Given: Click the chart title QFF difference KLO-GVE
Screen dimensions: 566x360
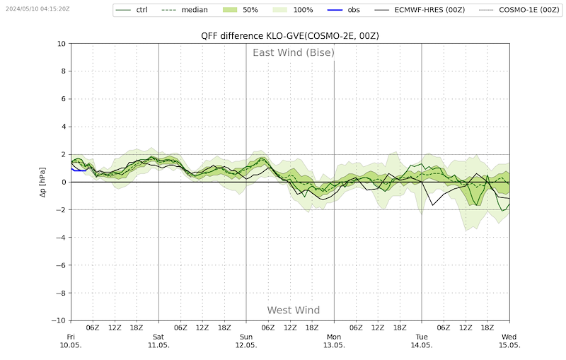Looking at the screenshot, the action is [x=290, y=36].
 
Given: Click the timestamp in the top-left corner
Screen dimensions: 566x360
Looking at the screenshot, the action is [x=37, y=8].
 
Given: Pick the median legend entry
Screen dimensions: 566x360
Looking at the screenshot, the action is [x=185, y=10].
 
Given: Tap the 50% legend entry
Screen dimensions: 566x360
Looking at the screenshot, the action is [x=241, y=10].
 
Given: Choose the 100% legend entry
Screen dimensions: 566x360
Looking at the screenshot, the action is [x=293, y=10].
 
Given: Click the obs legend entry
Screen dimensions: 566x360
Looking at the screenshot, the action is [x=344, y=10].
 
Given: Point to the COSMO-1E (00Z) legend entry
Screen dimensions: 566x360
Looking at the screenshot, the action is [x=519, y=10].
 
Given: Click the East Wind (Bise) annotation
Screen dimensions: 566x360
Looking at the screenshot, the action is [x=294, y=52].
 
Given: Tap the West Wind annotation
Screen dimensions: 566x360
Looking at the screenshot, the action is [x=294, y=310].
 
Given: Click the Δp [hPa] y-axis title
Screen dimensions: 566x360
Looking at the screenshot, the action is [x=43, y=182].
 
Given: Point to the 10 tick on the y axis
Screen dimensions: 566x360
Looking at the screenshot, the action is [x=62, y=44].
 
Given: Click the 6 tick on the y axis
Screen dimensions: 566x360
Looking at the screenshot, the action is [x=64, y=99].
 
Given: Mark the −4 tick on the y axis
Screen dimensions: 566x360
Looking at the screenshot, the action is [x=61, y=238].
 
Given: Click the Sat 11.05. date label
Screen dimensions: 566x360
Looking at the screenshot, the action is [x=158, y=341].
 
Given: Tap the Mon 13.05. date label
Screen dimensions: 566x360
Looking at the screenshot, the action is [x=334, y=341].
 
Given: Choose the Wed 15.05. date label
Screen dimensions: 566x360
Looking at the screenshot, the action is [x=509, y=341].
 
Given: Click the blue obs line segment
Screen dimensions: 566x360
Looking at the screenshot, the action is [x=79, y=170].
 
